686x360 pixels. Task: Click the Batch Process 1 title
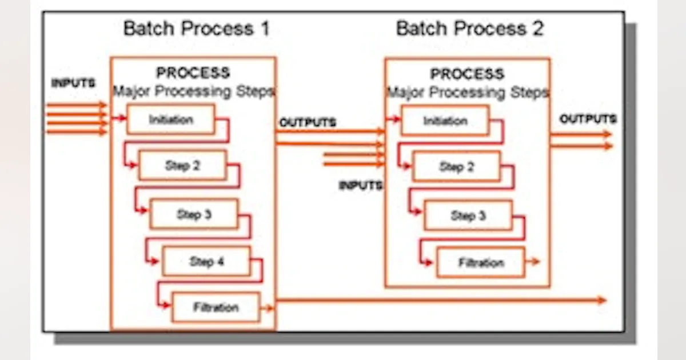pos(196,29)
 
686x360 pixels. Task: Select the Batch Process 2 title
pos(469,29)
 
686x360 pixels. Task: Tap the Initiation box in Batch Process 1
pos(171,120)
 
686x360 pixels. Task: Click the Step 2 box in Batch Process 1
pos(183,166)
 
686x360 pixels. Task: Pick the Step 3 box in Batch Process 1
pos(194,214)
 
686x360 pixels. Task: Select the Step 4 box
pos(206,262)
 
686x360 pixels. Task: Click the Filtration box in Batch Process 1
pos(216,307)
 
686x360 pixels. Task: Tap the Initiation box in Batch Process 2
pos(445,121)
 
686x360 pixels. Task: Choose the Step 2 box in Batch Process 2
pos(456,167)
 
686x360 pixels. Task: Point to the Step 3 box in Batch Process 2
pos(468,216)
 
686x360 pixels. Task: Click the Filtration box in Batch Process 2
pos(481,263)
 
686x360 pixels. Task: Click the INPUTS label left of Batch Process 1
pos(73,83)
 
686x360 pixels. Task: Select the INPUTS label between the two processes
pos(360,186)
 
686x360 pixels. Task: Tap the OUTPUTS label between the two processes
pos(308,123)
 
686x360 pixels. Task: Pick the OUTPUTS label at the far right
pos(588,119)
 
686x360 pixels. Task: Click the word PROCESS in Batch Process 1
pos(193,73)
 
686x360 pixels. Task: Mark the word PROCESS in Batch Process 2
pos(467,74)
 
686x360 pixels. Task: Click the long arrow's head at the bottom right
pos(601,300)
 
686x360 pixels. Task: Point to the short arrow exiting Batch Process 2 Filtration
pos(533,262)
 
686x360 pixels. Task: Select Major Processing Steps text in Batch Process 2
pos(467,93)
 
